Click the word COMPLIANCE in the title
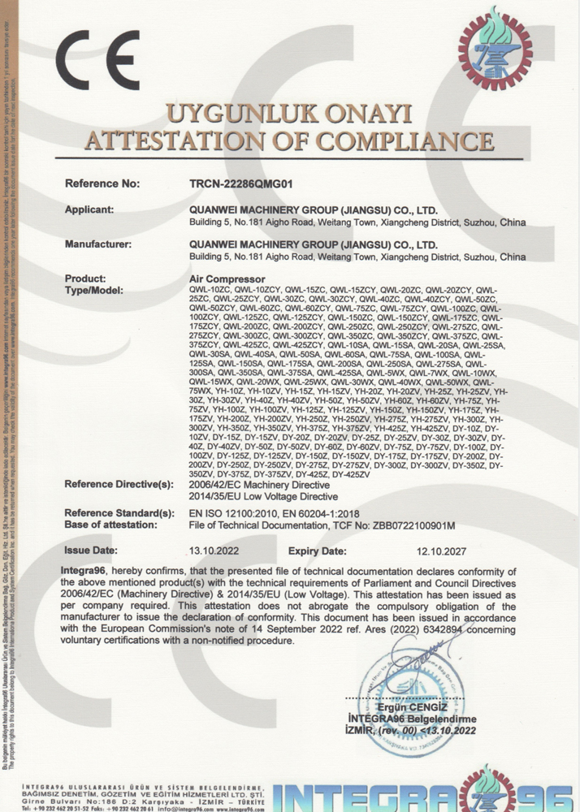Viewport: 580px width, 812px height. tap(401, 140)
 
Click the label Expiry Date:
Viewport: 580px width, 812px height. tap(318, 551)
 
